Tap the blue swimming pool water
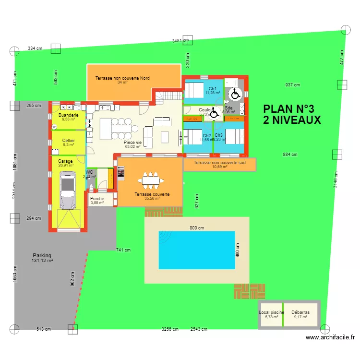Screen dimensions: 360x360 tap(197, 250)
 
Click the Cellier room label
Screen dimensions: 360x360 tap(69, 141)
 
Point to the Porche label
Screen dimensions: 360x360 tap(97, 198)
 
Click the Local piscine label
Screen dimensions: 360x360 tap(272, 312)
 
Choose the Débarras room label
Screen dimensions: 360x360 tap(300, 312)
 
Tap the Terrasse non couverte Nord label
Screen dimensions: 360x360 tap(122, 78)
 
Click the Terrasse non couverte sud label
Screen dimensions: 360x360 tap(219, 163)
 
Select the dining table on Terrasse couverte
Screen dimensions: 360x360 tap(150, 180)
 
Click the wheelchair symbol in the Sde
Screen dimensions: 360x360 tap(235, 94)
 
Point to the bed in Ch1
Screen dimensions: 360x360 tap(195, 90)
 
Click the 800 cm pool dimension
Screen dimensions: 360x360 tap(197, 228)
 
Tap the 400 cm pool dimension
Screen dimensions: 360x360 tap(237, 249)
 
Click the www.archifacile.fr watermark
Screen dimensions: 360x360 tap(331, 337)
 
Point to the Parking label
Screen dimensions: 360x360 tap(42, 255)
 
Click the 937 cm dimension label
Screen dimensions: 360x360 tap(292, 85)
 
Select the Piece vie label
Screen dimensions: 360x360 tap(132, 143)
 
